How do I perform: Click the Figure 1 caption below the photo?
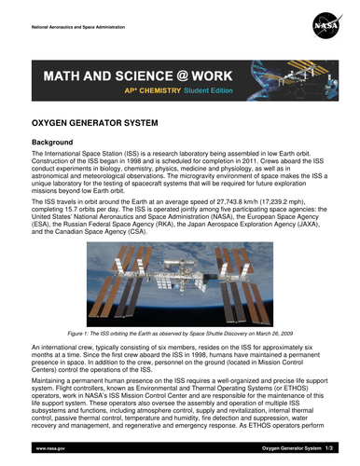(x=179, y=332)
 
